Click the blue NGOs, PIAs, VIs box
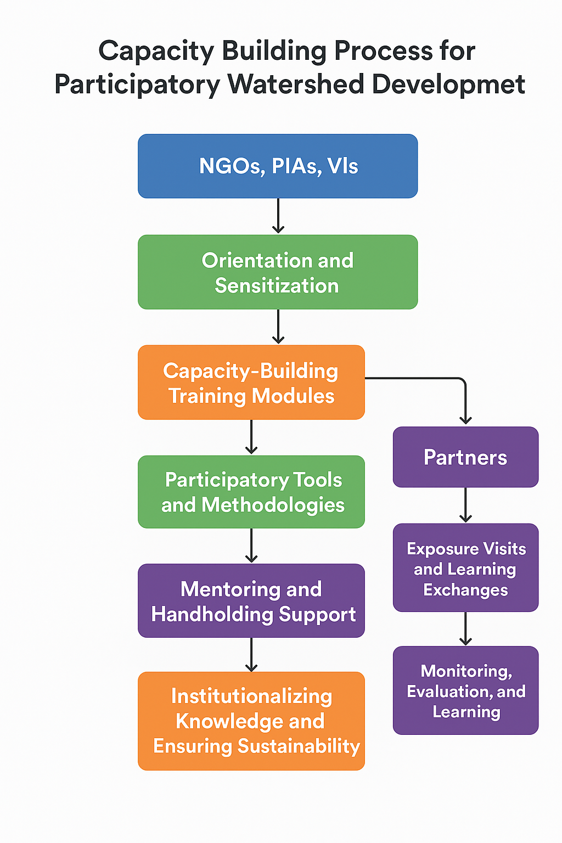278,166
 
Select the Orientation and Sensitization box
278,272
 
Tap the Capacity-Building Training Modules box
251,383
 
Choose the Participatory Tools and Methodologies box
251,492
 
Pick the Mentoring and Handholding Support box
251,600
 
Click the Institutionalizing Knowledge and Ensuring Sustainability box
251,721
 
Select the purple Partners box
465,457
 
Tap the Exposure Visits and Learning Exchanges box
465,568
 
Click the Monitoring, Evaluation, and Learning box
465,690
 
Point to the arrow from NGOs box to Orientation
278,216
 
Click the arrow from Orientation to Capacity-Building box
278,327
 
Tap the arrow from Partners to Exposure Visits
465,505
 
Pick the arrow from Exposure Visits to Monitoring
465,629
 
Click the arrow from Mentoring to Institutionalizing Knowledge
251,654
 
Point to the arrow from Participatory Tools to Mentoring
251,546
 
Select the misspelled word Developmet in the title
448,85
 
